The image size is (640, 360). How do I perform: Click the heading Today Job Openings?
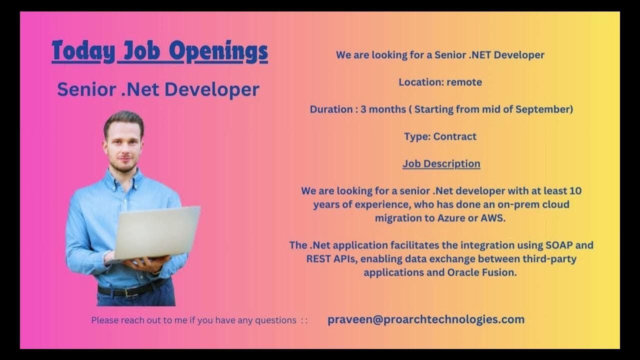159,51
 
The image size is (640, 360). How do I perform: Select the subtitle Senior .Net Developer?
158,89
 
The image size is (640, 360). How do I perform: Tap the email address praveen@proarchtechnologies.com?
426,319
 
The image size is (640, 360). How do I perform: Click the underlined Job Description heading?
441,163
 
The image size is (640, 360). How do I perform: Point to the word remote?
464,82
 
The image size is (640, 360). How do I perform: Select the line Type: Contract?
440,136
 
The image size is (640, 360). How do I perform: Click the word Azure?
451,218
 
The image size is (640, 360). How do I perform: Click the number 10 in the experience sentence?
575,191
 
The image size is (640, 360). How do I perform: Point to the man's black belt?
132,289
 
